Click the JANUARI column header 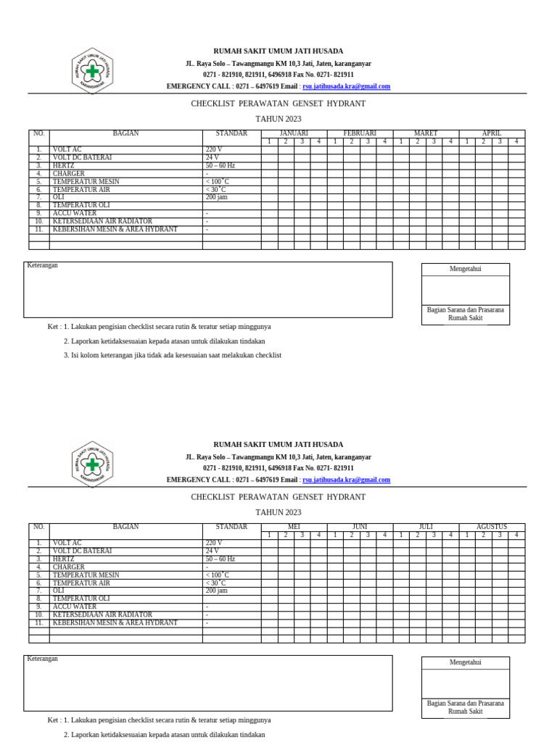pos(294,133)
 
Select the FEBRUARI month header pos(360,133)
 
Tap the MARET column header pos(426,133)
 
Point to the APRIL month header pos(492,133)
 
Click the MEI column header pos(294,527)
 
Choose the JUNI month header pos(360,527)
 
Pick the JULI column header pos(426,527)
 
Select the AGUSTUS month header pos(492,527)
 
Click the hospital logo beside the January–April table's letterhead pos(92,71)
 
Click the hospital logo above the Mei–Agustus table pos(92,464)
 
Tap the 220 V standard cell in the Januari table pos(214,150)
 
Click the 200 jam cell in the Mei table pos(216,591)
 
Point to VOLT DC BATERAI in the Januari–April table pos(82,158)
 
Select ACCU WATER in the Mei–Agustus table pos(74,607)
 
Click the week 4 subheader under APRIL pos(516,142)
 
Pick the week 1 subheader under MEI pos(269,535)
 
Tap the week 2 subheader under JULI pos(418,535)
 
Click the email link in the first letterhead pos(346,86)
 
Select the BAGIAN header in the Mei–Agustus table pos(125,527)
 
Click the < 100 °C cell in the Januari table pos(217,182)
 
